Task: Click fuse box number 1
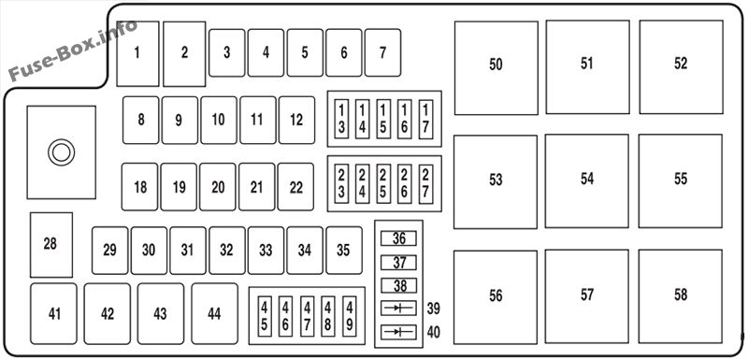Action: [137, 54]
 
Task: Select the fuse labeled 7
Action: [382, 52]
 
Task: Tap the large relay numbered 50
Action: [496, 67]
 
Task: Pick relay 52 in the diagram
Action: [682, 66]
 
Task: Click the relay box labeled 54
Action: [587, 181]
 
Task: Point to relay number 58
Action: [681, 296]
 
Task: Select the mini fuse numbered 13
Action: [341, 119]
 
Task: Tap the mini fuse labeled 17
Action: [426, 119]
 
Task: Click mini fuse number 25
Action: [383, 184]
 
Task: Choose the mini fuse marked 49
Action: [350, 316]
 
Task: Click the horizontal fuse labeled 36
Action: [398, 238]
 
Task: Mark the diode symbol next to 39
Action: [398, 308]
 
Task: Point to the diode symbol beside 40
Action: [398, 332]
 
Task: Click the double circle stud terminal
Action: [61, 142]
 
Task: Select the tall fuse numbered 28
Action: [51, 245]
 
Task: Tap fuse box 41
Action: [53, 314]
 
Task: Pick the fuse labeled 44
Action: [215, 314]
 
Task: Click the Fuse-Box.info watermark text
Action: [73, 50]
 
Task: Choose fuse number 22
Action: [295, 187]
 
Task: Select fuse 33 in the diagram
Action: [266, 251]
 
